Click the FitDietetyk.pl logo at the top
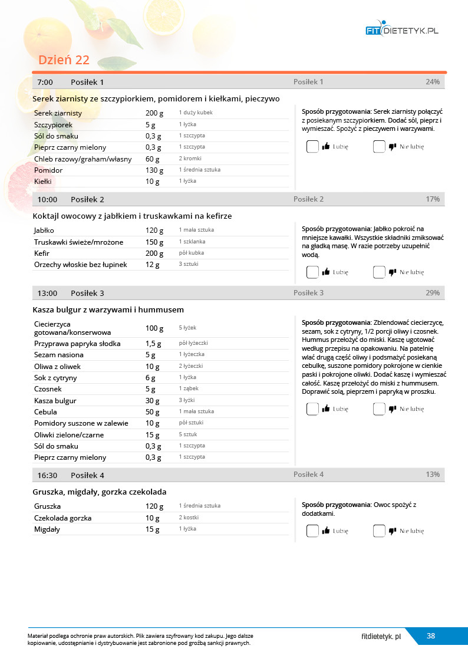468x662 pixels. [x=403, y=30]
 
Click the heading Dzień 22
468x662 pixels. [x=64, y=60]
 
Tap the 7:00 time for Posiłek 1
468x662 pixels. [x=45, y=82]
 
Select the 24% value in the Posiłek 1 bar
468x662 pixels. [x=433, y=82]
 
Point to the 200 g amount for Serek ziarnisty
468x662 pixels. [x=154, y=113]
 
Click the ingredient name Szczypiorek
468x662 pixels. [x=53, y=124]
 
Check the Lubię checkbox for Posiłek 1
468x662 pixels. [x=312, y=147]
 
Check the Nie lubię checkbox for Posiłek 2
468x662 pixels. [x=379, y=272]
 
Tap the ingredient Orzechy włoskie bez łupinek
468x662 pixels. [x=81, y=265]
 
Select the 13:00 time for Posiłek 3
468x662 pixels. [x=47, y=293]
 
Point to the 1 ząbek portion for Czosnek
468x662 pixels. [x=189, y=389]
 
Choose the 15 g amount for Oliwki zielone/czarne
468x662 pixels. [x=152, y=434]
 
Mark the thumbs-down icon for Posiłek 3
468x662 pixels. [x=392, y=409]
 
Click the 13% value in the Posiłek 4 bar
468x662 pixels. [x=433, y=475]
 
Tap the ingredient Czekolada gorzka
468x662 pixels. [x=62, y=518]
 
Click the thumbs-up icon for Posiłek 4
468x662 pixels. [x=326, y=531]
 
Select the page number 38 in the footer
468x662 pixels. [x=431, y=635]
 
